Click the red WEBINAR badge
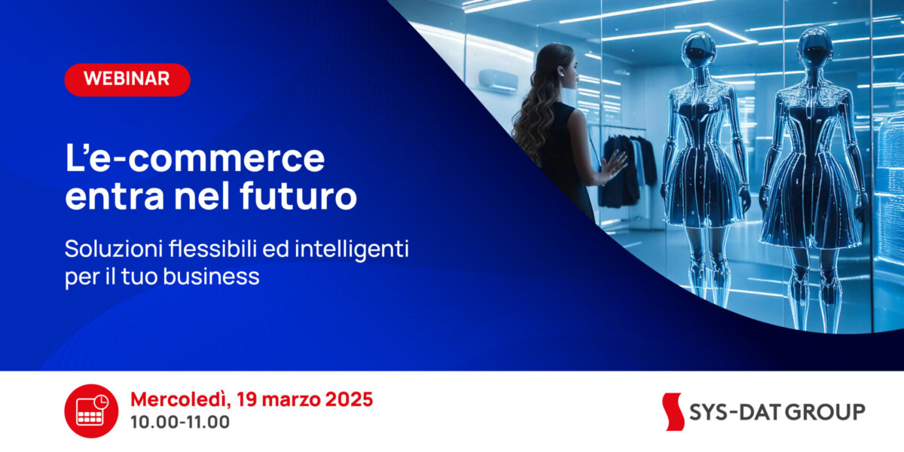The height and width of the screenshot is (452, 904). [127, 80]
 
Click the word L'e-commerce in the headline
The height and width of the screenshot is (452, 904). [195, 157]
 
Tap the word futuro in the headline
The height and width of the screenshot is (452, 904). [298, 195]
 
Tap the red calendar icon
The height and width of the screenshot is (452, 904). [91, 411]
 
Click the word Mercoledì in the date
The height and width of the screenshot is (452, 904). [180, 400]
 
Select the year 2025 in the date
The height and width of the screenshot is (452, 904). [349, 399]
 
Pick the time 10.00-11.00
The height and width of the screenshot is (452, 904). [180, 422]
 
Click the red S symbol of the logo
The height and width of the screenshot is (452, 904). [673, 411]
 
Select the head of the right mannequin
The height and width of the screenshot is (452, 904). [815, 47]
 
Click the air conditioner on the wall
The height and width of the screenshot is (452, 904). [498, 81]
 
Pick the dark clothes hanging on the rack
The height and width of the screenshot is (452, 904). [625, 169]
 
